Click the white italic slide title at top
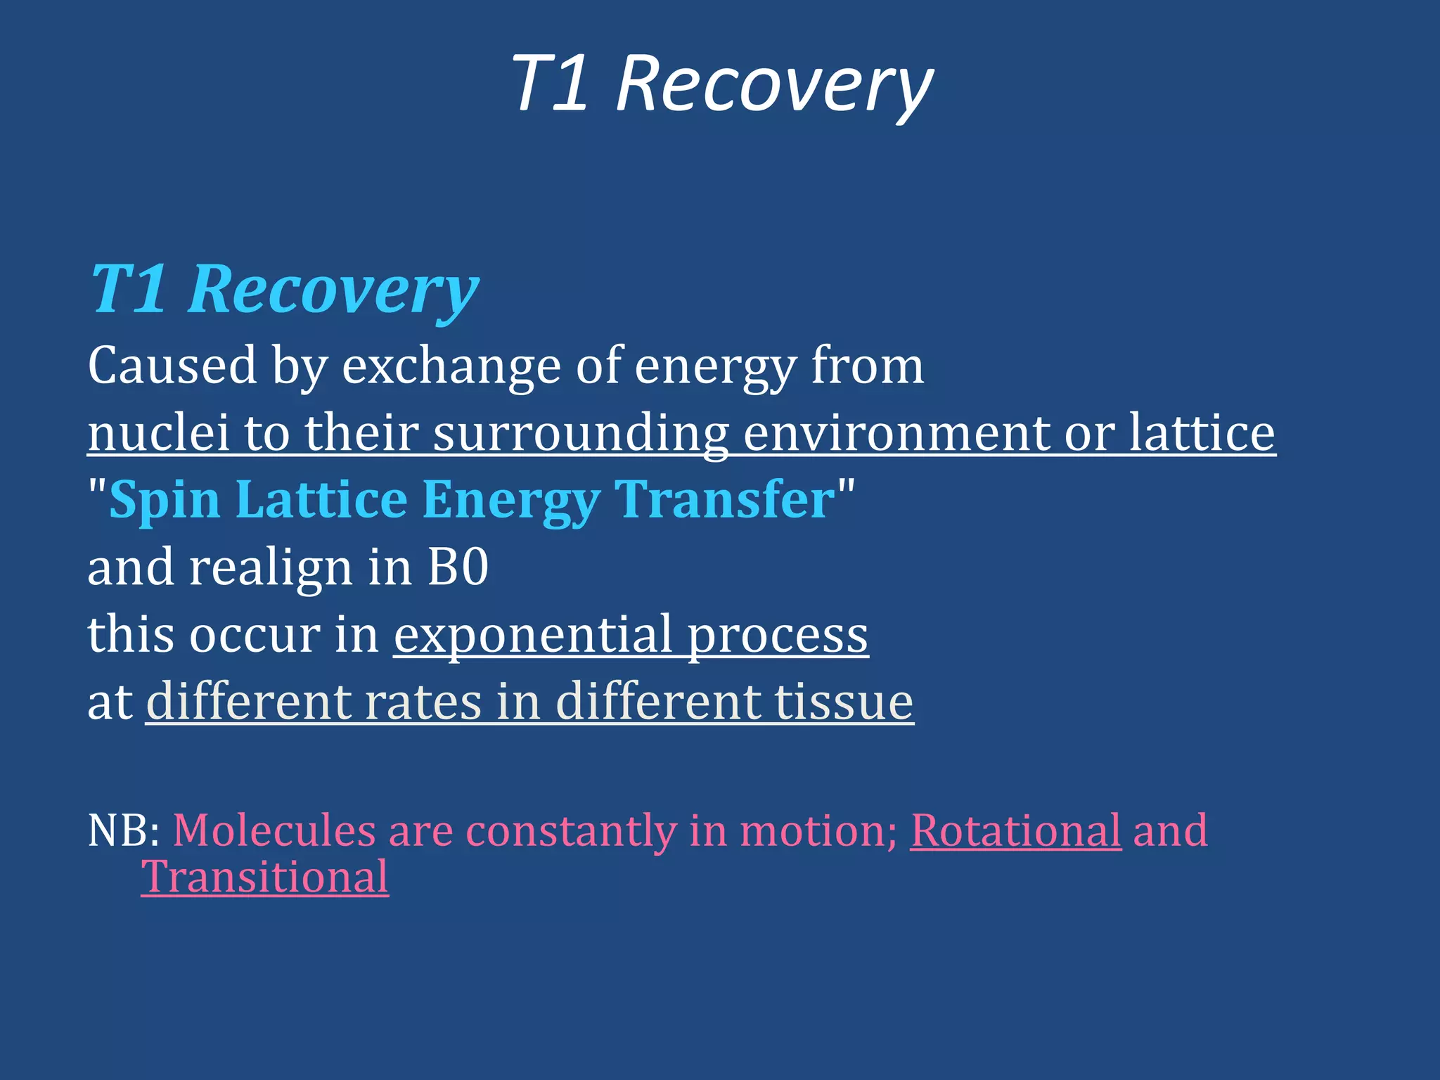coord(721,84)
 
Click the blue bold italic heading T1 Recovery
coord(285,290)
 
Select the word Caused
coord(172,366)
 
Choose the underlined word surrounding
coord(580,433)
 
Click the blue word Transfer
coord(724,499)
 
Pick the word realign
coord(270,568)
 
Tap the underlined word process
coord(777,636)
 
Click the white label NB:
coord(124,830)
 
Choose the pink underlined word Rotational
coord(1015,830)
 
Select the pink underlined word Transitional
coord(265,877)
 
